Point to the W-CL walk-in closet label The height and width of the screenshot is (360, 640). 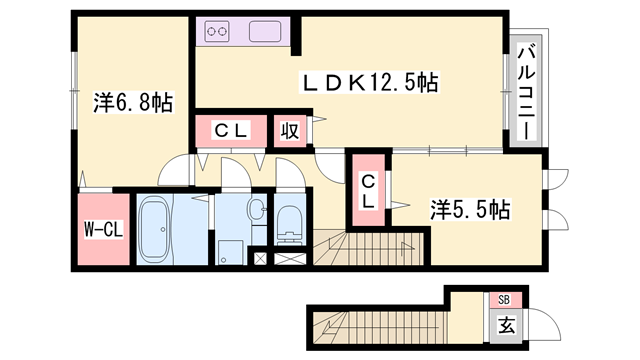[x=101, y=229]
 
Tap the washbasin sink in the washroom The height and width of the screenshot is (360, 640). [x=255, y=211]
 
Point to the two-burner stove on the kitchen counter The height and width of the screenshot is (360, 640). [x=218, y=31]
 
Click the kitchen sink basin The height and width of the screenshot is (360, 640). [x=265, y=31]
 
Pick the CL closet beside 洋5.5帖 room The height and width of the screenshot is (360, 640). [x=367, y=190]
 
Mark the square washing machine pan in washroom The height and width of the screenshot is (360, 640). [x=231, y=249]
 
